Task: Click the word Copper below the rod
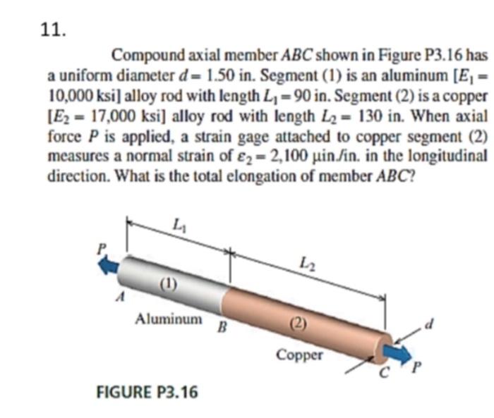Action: (299, 355)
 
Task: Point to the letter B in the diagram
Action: (222, 326)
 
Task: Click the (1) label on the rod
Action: (167, 284)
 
